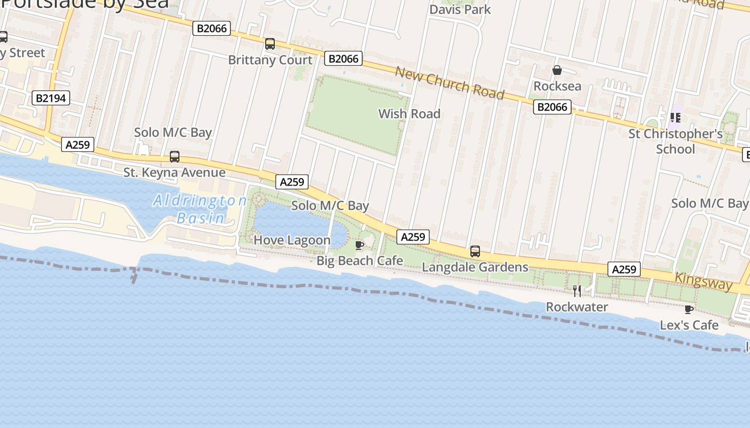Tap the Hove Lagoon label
pyautogui.click(x=292, y=240)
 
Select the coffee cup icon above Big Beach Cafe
pyautogui.click(x=359, y=245)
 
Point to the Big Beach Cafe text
pyautogui.click(x=359, y=261)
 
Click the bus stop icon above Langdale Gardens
pyautogui.click(x=475, y=251)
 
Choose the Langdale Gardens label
pyautogui.click(x=475, y=267)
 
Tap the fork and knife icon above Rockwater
pyautogui.click(x=577, y=291)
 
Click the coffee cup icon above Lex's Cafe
pyautogui.click(x=689, y=309)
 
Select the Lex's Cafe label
pyautogui.click(x=689, y=325)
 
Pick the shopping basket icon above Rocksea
pyautogui.click(x=557, y=70)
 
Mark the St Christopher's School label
pyautogui.click(x=675, y=141)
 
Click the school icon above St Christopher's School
pyautogui.click(x=675, y=117)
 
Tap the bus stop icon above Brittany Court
pyautogui.click(x=270, y=44)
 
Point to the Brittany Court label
pyautogui.click(x=270, y=60)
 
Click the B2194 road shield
pyautogui.click(x=51, y=98)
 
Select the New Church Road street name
pyautogui.click(x=450, y=83)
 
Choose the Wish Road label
pyautogui.click(x=409, y=113)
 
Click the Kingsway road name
pyautogui.click(x=703, y=281)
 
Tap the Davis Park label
pyautogui.click(x=460, y=10)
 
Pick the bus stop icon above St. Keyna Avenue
pyautogui.click(x=175, y=157)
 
